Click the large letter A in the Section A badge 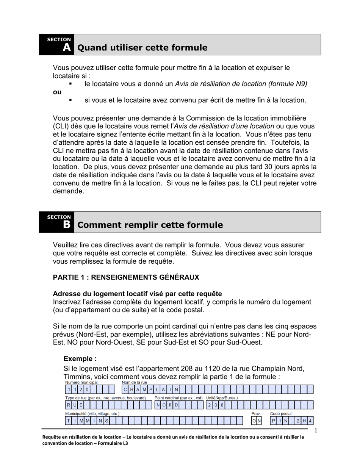coord(67,47)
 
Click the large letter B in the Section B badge coord(67,225)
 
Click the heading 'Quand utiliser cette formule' coord(142,48)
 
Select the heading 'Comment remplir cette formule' coord(150,225)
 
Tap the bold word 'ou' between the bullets coord(57,92)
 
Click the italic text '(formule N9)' coord(288,84)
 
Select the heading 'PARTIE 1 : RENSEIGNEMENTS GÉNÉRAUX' coord(126,277)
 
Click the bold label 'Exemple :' coord(80,358)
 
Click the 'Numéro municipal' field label coord(81,383)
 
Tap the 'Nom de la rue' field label coord(134,383)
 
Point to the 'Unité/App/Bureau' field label coord(222,398)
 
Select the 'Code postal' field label coord(280,414)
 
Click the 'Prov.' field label coord(256,414)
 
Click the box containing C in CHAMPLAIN coord(125,389)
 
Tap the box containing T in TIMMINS coord(69,421)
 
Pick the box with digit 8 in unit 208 coord(222,405)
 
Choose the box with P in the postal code coord(273,421)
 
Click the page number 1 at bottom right coord(315,431)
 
